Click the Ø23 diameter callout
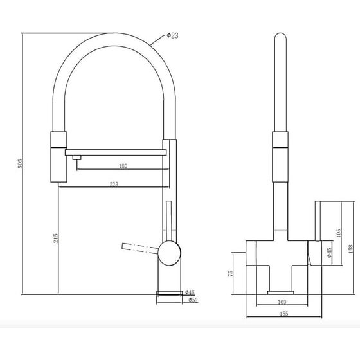172,36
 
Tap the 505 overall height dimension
21,163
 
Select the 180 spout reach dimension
123,166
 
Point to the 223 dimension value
114,184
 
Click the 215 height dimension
56,238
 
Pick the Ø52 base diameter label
193,300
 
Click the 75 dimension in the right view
231,273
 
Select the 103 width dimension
282,302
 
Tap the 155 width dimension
284,314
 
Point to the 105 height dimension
338,233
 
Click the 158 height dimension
350,249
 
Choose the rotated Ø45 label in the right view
329,252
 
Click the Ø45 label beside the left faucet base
190,292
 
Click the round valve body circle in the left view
170,253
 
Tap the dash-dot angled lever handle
140,248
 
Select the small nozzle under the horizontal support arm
76,157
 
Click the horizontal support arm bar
116,152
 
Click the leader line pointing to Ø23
157,40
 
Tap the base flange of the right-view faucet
281,292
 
